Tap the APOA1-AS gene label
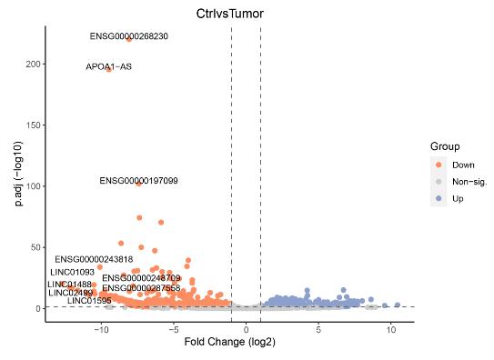tap(108, 66)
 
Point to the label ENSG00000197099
tap(138, 181)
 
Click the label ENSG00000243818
tap(94, 259)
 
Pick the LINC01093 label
tap(72, 272)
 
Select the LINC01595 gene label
tap(89, 300)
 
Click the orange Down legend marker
tap(439, 165)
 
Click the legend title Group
tap(445, 146)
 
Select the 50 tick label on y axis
tap(35, 247)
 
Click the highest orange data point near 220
tap(129, 39)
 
